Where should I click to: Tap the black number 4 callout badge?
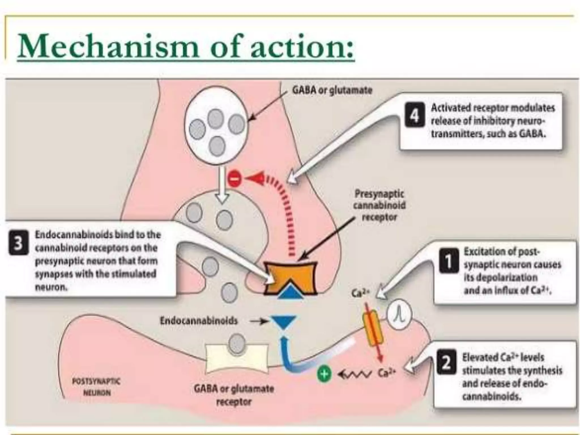tap(414, 115)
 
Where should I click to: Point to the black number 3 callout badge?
tap(18, 243)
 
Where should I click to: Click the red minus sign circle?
tap(234, 178)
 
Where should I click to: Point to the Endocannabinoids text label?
tap(199, 321)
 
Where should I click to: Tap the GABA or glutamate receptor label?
tap(234, 395)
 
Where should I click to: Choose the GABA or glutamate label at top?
tap(332, 91)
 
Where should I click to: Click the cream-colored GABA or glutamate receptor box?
tap(236, 359)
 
